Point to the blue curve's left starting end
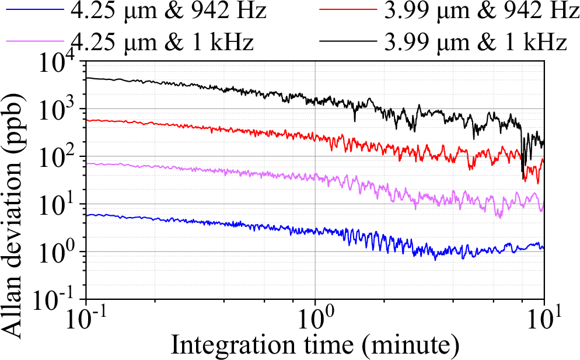point(88,215)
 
